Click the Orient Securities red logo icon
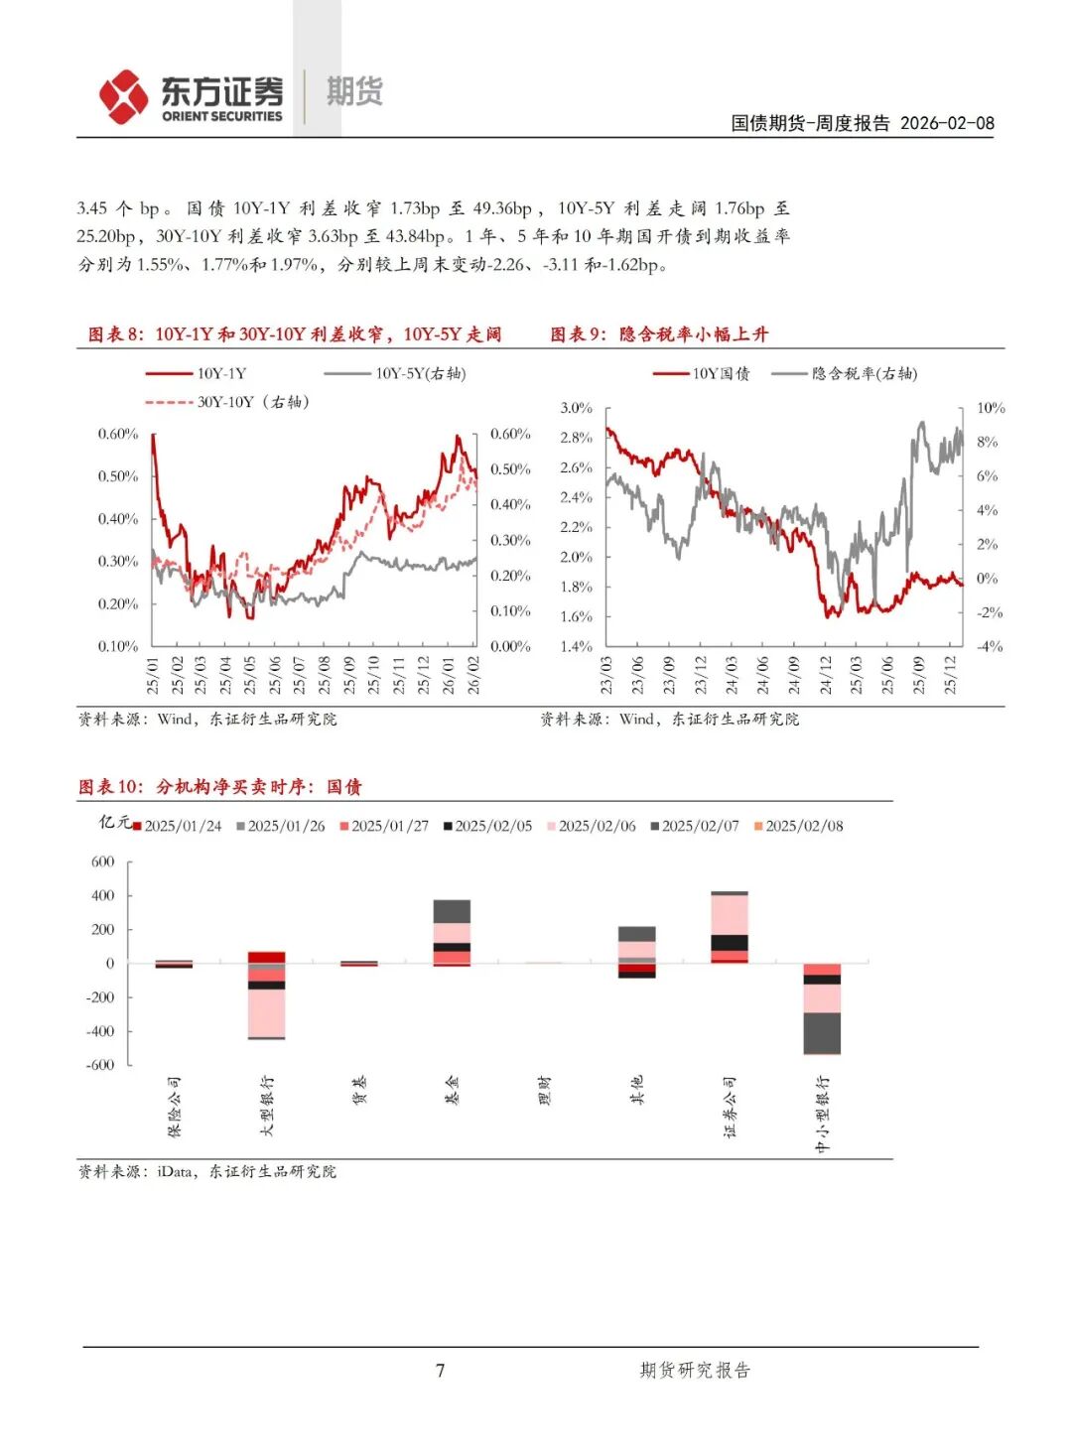click(x=123, y=96)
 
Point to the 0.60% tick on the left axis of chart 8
click(x=118, y=434)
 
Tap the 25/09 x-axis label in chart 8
click(x=349, y=675)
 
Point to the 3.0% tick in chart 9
click(x=576, y=408)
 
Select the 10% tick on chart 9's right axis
click(x=991, y=408)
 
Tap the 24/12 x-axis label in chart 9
click(x=825, y=675)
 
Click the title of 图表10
click(x=220, y=786)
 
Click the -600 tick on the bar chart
click(x=102, y=1065)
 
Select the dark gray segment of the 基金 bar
click(x=452, y=911)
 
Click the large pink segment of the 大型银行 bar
click(x=266, y=1012)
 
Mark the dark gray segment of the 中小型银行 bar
click(x=822, y=1032)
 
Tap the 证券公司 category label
click(x=730, y=1106)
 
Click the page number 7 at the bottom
click(x=441, y=1371)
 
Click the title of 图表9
click(x=659, y=334)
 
